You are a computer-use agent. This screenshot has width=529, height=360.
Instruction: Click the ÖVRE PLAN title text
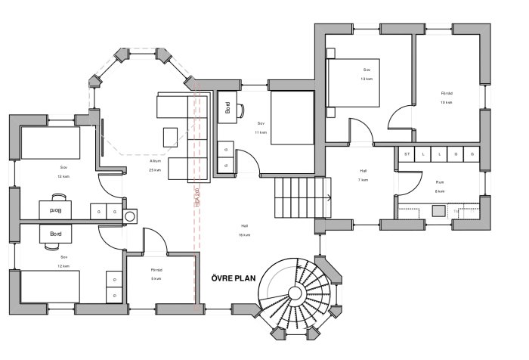(234, 278)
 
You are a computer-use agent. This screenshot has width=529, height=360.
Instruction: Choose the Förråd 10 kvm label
(447, 98)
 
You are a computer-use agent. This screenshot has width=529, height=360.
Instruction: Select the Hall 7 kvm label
(363, 175)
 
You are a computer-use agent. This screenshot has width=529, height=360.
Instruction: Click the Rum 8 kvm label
(440, 187)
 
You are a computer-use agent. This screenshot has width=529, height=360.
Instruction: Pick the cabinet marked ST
(407, 154)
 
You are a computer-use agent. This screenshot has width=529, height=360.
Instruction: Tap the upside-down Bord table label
(55, 209)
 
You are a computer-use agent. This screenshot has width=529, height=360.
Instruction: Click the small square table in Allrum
(171, 136)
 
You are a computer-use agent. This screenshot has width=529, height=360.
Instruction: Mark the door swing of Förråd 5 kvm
(155, 242)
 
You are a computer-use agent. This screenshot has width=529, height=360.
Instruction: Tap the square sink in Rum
(438, 211)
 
